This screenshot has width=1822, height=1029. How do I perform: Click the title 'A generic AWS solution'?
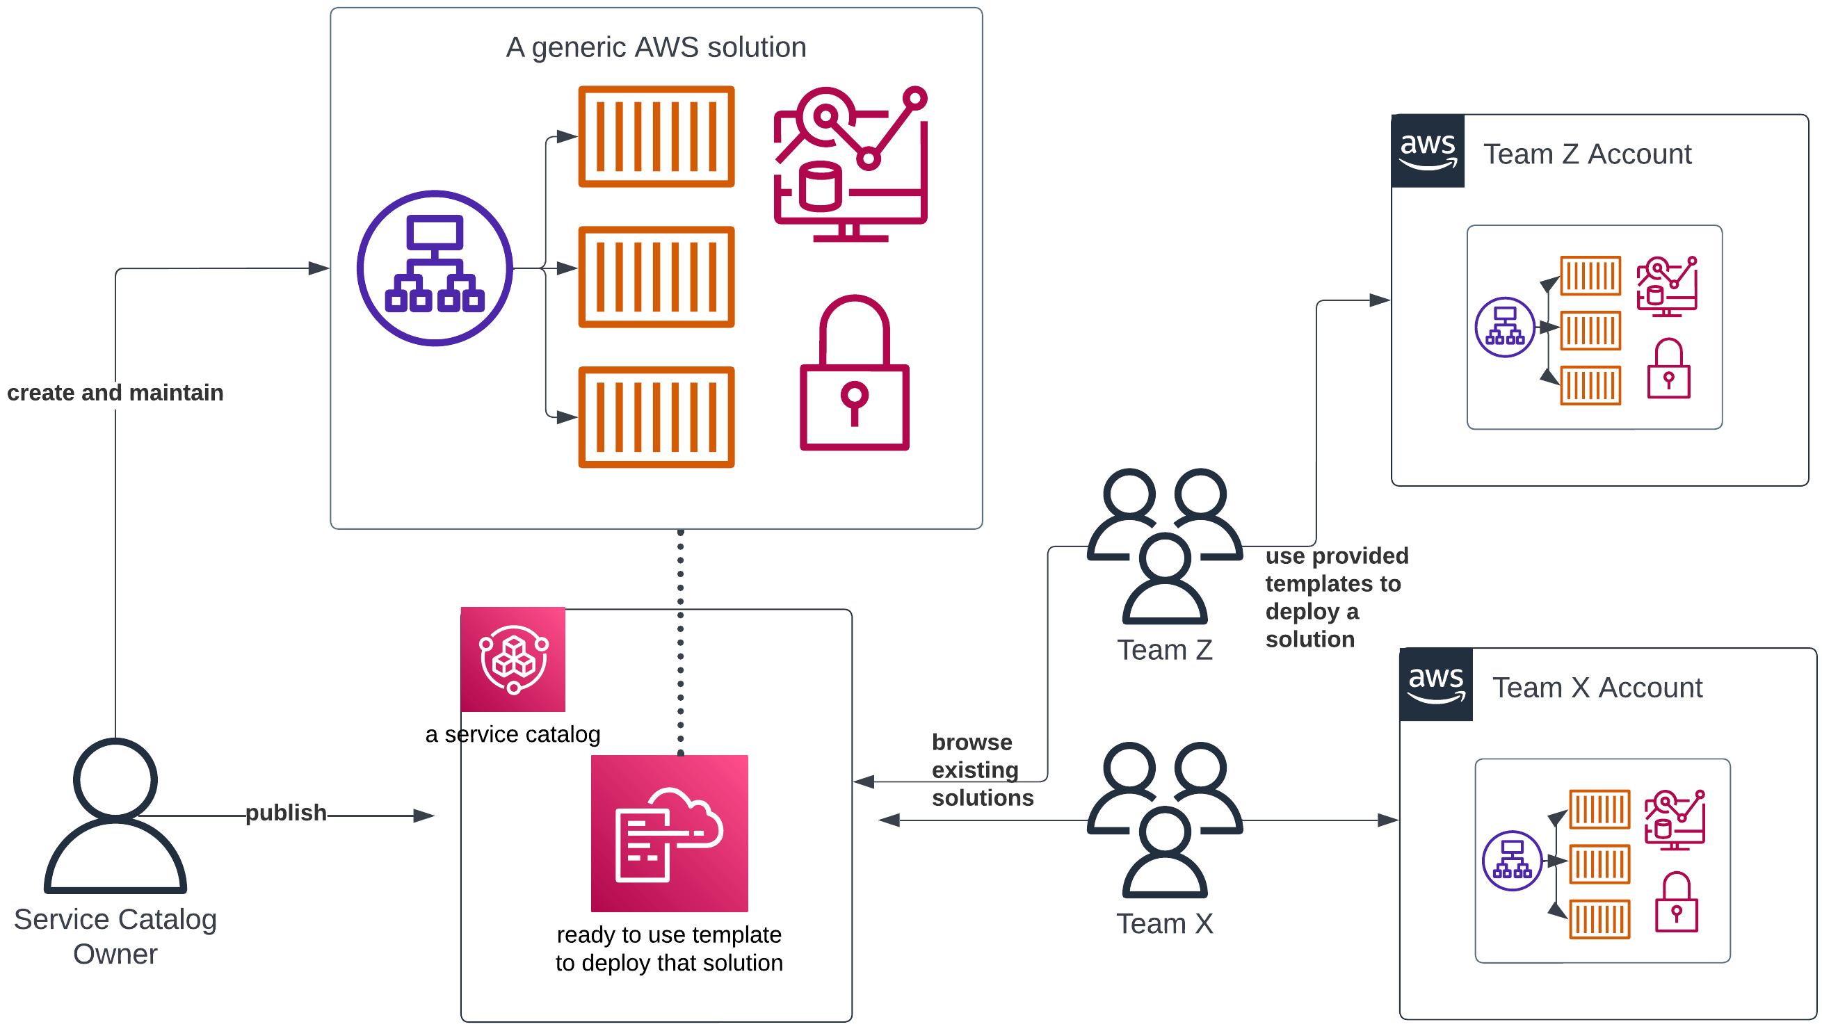coord(656,47)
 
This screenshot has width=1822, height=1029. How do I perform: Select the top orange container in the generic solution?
coord(656,136)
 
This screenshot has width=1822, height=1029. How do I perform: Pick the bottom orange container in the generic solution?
coord(656,417)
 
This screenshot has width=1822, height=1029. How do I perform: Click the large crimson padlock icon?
coord(854,375)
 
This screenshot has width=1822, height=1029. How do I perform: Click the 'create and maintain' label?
coord(115,393)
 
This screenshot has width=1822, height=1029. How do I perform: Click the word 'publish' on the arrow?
coord(286,813)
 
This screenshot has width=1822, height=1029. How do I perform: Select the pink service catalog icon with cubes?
coord(513,659)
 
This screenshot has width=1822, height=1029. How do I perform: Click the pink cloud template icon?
coord(669,833)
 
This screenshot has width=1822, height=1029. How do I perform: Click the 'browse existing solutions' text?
coord(981,770)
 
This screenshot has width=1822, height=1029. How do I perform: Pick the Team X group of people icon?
coord(1164,820)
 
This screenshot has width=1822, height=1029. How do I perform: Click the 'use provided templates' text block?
coord(1335,597)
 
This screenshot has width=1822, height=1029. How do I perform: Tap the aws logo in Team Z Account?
coord(1427,151)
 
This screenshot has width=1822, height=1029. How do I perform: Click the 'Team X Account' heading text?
coord(1597,688)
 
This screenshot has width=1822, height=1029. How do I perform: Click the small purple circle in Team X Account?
coord(1512,861)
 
